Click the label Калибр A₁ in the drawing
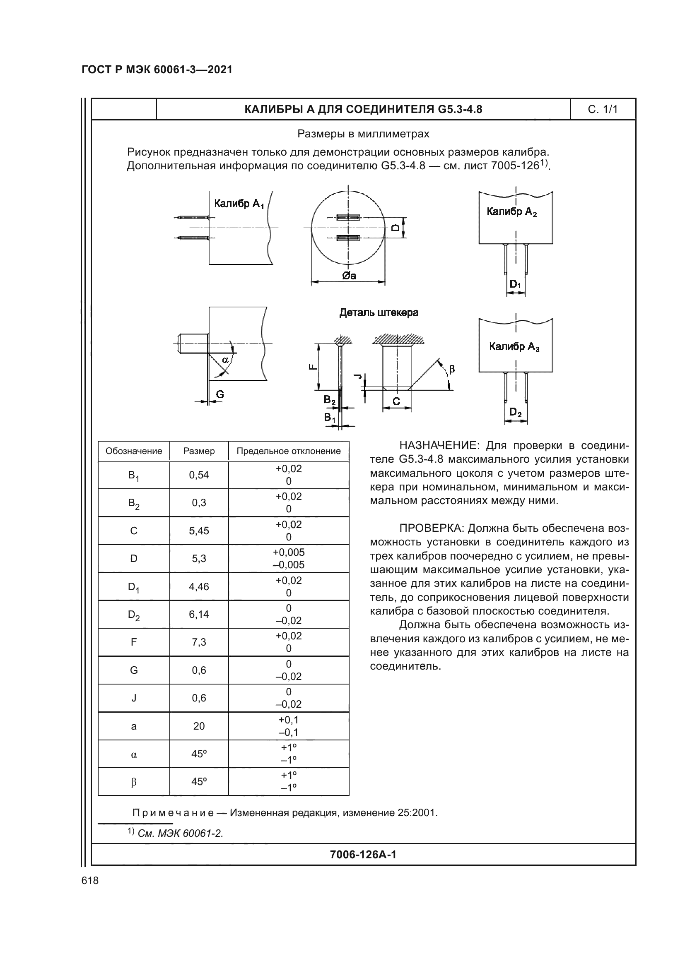(x=239, y=204)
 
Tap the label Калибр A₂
(x=511, y=211)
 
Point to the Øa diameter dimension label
(x=349, y=276)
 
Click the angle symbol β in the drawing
(x=452, y=369)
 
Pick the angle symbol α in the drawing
(x=225, y=360)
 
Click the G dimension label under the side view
(x=220, y=394)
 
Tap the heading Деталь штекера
(x=379, y=312)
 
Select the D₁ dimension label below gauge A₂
(x=515, y=284)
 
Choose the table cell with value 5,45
(x=199, y=531)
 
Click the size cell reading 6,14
(x=199, y=614)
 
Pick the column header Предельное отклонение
(x=289, y=451)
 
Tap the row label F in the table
(x=134, y=642)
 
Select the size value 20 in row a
(x=199, y=726)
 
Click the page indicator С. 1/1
(x=602, y=110)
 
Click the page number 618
(x=90, y=880)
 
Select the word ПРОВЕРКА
(x=431, y=528)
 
